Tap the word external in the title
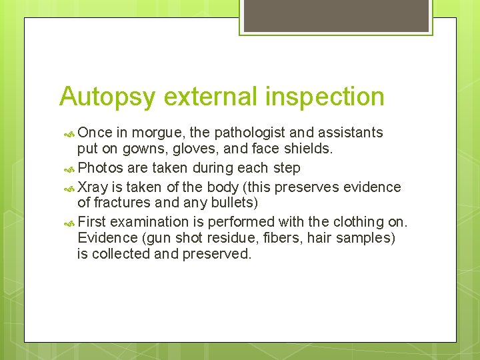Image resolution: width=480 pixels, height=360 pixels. (x=211, y=97)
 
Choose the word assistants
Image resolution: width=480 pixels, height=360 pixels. (x=349, y=133)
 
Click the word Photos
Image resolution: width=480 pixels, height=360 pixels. (x=100, y=168)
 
